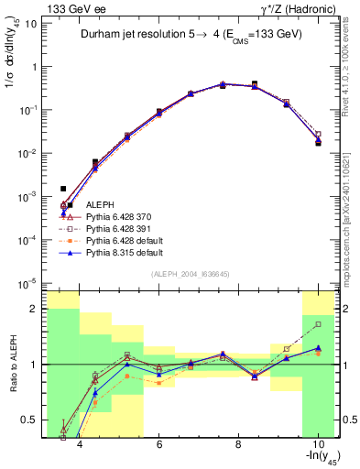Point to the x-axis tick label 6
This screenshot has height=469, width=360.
pyautogui.click(x=159, y=445)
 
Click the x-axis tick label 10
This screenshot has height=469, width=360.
pyautogui.click(x=317, y=445)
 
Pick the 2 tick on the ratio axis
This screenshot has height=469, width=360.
pyautogui.click(x=34, y=309)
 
